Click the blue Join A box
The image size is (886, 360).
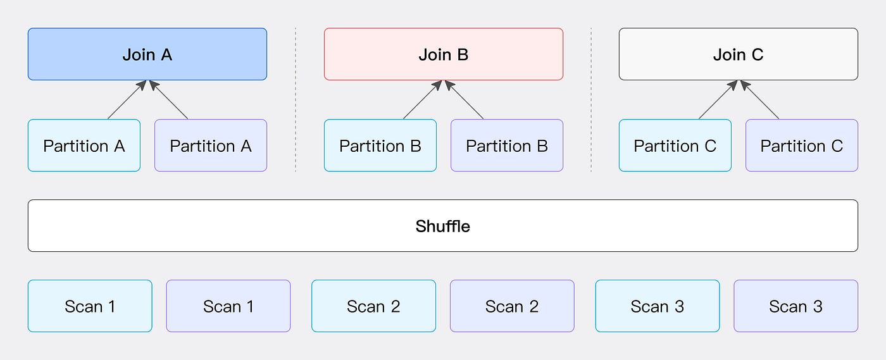(147, 54)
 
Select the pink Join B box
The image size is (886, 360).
(444, 54)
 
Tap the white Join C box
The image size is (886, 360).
(739, 54)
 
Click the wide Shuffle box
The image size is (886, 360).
(443, 225)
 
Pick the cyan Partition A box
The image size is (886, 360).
(84, 145)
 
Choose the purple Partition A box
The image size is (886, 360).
(210, 145)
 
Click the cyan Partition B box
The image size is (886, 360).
(380, 145)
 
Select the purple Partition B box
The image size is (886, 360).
(507, 145)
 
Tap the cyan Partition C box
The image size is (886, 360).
(675, 145)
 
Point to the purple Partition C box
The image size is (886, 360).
(802, 145)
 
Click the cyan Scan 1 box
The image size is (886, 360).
(90, 306)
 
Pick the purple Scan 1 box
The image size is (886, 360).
(228, 306)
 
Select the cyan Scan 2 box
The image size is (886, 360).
(373, 306)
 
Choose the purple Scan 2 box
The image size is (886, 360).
(512, 306)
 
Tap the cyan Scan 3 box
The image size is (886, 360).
(658, 306)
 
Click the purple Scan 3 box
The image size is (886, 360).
(796, 306)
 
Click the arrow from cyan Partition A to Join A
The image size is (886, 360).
(127, 100)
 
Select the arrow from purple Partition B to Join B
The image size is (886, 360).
(464, 100)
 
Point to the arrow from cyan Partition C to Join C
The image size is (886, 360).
(718, 100)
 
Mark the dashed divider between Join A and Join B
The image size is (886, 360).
(296, 100)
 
